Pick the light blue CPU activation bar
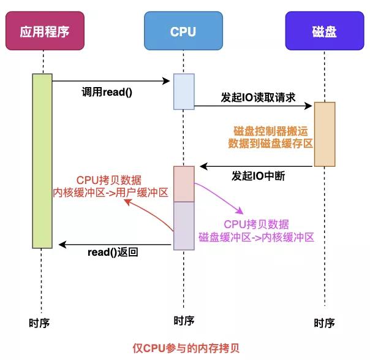tap(184, 93)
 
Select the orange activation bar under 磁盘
tap(325, 134)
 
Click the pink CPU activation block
tap(184, 183)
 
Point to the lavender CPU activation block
tap(184, 226)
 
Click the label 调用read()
tap(107, 92)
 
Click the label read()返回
tap(113, 251)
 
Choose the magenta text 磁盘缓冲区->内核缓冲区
tap(256, 236)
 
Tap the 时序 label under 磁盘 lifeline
tap(324, 323)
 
